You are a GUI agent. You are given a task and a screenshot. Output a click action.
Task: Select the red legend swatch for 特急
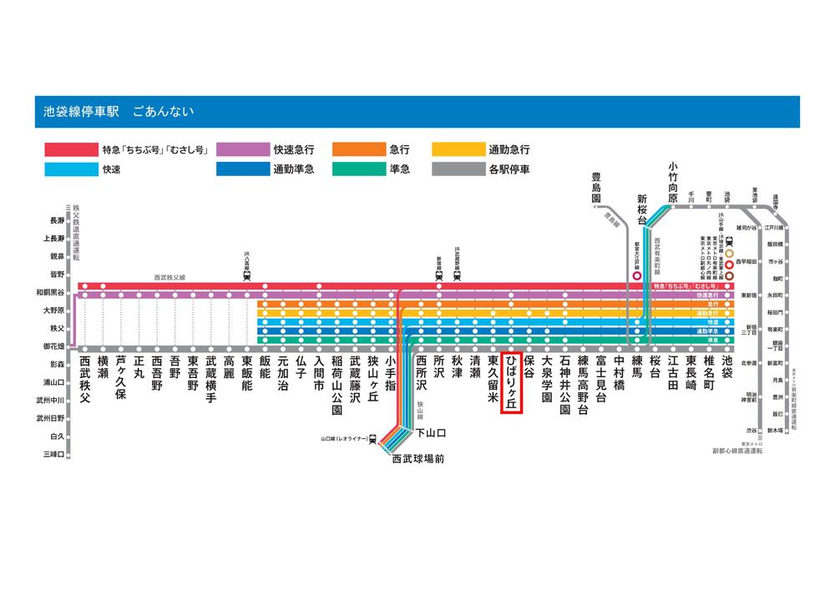point(69,150)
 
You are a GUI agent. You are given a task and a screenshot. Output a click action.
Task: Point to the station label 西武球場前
point(417,458)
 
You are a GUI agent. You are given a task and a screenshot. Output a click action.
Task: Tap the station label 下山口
point(431,433)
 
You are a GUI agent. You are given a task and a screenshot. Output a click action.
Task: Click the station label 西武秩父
point(84,380)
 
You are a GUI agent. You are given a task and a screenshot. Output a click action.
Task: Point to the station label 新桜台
point(642,208)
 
